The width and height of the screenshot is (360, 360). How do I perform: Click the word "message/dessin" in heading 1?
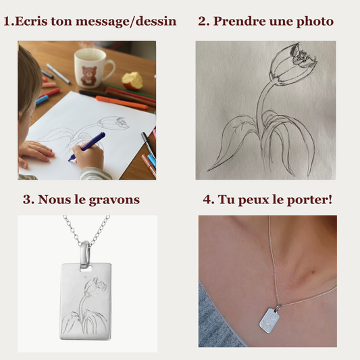coord(126,22)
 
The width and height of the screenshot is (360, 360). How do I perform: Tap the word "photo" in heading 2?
coord(315,22)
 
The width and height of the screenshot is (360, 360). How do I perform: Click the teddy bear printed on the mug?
coord(89,75)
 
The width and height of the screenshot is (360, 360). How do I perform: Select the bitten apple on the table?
coord(132,80)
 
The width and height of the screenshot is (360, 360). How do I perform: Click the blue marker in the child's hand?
coord(87,147)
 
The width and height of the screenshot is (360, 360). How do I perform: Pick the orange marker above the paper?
coord(121,103)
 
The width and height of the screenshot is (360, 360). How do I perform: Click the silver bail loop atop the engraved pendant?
coord(85,255)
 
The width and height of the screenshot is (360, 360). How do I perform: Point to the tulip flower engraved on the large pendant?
coord(95,288)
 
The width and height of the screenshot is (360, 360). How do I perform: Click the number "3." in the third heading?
coord(28,199)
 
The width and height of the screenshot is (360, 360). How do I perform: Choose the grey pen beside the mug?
coord(58,74)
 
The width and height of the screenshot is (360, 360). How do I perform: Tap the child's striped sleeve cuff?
coord(94,174)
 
